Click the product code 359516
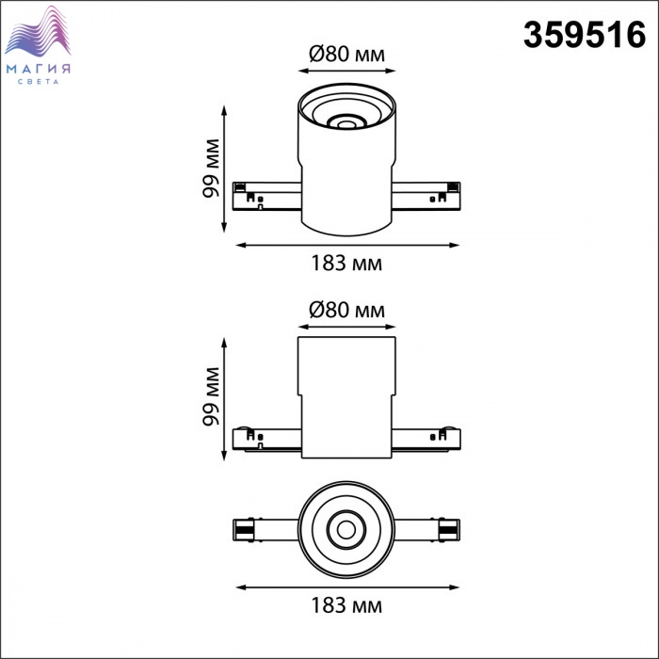[x=585, y=35]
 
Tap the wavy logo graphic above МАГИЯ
[x=38, y=31]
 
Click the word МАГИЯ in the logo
[x=39, y=69]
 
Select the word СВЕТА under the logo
[x=39, y=82]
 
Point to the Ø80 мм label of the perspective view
[x=346, y=54]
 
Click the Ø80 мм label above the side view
[x=346, y=310]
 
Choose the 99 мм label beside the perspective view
[x=211, y=169]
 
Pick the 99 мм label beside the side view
[x=211, y=396]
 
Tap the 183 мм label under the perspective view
[x=346, y=264]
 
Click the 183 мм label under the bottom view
[x=346, y=605]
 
